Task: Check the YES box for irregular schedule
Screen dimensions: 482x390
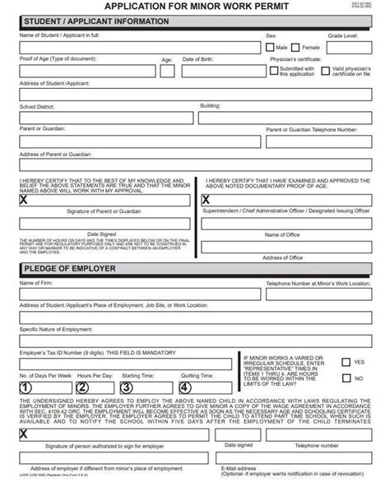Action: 345,361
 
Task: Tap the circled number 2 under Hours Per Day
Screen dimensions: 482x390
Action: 83,388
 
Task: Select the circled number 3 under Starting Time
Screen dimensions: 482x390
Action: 127,388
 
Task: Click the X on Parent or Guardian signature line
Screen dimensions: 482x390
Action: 23,199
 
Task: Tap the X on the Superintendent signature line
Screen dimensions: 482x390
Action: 206,199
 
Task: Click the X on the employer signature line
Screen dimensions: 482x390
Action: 23,433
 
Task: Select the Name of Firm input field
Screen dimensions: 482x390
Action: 132,296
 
